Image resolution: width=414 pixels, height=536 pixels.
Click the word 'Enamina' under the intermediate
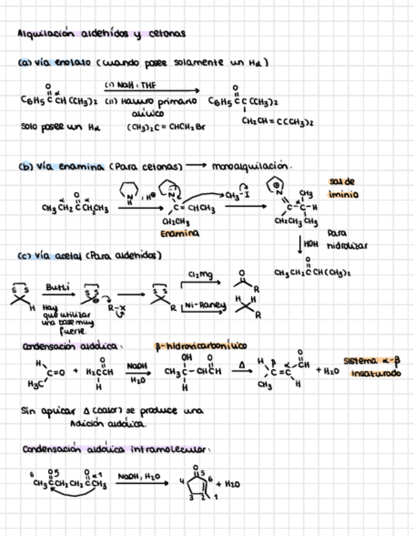point(179,234)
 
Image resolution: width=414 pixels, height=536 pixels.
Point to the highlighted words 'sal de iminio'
point(343,188)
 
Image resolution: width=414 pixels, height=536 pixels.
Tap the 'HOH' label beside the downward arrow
point(309,243)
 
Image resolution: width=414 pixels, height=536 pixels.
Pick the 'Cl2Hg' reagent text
point(201,274)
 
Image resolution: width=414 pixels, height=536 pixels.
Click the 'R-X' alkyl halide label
point(116,308)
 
